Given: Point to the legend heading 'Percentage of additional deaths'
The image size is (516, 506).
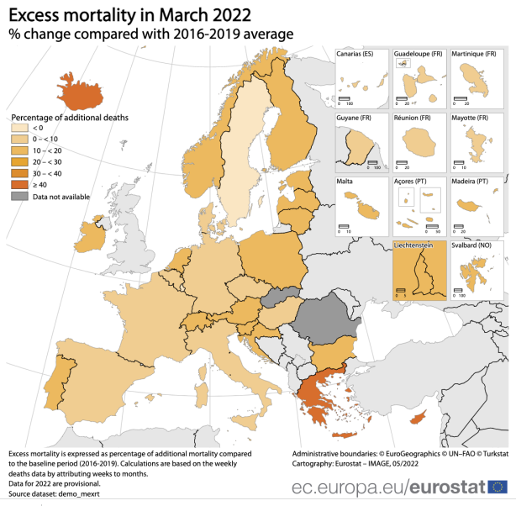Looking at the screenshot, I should tap(69, 115).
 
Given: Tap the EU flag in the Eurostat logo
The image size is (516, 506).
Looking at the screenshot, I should tap(497, 487).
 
